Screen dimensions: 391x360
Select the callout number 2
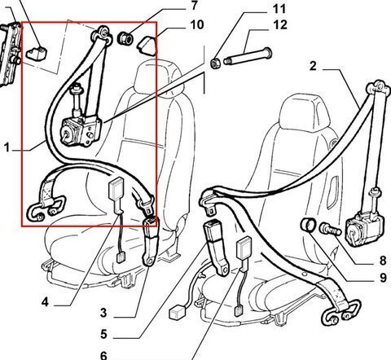pyautogui.click(x=313, y=66)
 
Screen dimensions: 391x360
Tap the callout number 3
pyautogui.click(x=103, y=313)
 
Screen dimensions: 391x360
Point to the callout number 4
pyautogui.click(x=45, y=302)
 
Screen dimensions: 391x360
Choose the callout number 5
pyautogui.click(x=103, y=334)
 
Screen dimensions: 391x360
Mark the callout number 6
pyautogui.click(x=103, y=355)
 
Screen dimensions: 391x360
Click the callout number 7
pyautogui.click(x=194, y=6)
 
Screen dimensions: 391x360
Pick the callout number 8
pyautogui.click(x=383, y=261)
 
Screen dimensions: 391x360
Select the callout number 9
pyautogui.click(x=383, y=278)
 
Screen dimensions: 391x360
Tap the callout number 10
pyautogui.click(x=197, y=24)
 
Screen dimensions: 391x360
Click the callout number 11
pyautogui.click(x=279, y=9)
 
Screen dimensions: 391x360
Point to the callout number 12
pyautogui.click(x=280, y=24)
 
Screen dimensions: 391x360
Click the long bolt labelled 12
pyautogui.click(x=248, y=56)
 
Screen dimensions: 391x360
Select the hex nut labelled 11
pyautogui.click(x=215, y=64)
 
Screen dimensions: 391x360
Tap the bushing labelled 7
pyautogui.click(x=125, y=38)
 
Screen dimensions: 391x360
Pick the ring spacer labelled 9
pyautogui.click(x=309, y=226)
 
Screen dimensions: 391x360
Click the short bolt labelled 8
pyautogui.click(x=330, y=229)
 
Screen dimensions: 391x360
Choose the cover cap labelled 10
pyautogui.click(x=147, y=46)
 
